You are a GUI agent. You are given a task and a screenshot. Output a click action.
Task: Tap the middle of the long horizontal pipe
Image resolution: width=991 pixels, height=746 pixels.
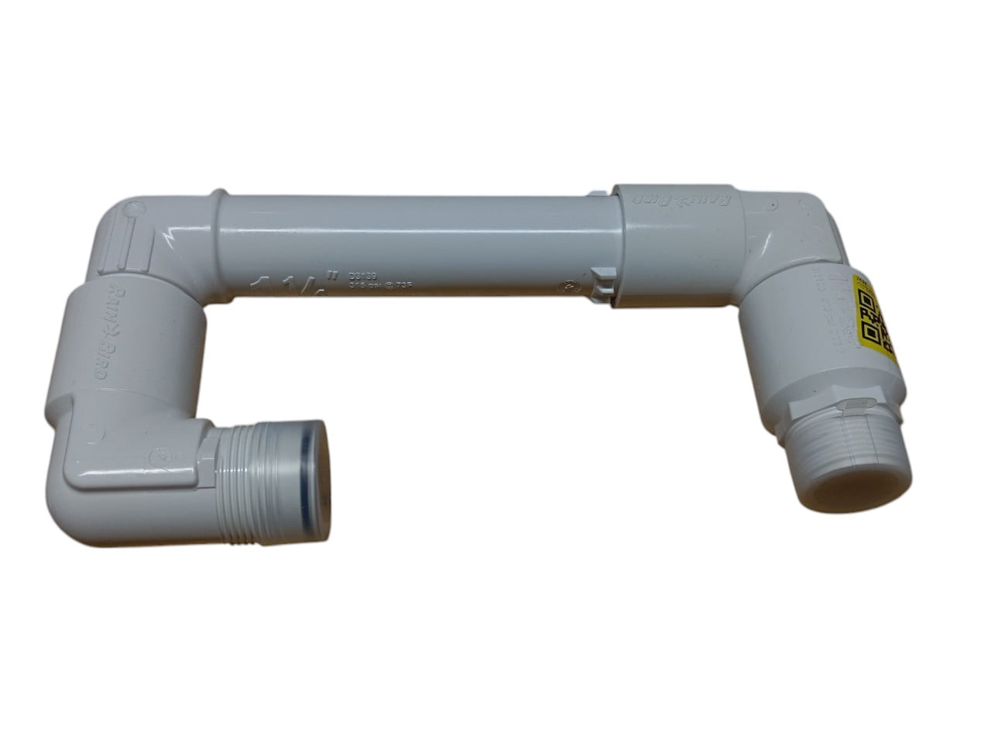click(410, 240)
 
